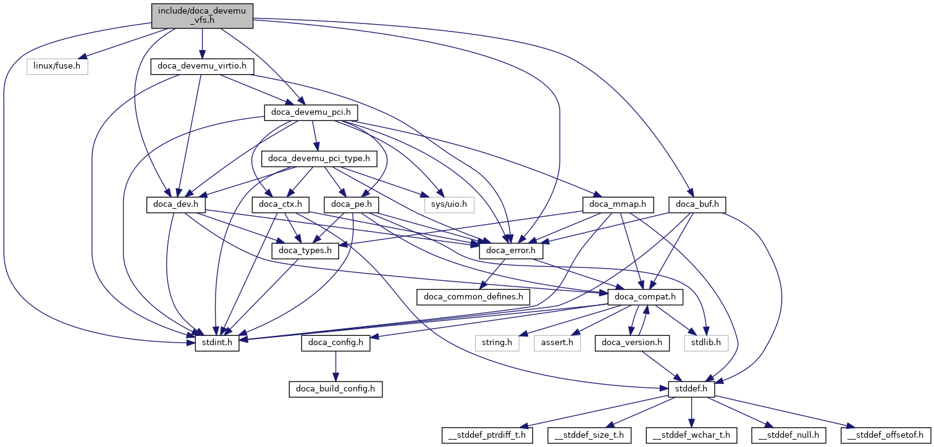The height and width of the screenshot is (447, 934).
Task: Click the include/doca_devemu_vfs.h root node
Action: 202,15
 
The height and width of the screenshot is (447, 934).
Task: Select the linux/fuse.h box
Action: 57,65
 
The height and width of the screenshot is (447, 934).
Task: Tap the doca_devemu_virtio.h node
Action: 202,65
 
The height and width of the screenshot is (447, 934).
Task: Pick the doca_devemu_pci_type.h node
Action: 319,159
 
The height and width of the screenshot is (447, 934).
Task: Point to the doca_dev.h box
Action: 175,204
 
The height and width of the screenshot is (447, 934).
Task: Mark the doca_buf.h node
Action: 697,204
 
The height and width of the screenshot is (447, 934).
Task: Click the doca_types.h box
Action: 306,251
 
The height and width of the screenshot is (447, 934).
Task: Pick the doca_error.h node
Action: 511,251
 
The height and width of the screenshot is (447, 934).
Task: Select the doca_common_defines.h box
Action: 473,297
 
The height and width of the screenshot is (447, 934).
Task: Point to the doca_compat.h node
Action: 646,297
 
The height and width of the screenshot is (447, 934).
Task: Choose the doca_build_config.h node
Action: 335,390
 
